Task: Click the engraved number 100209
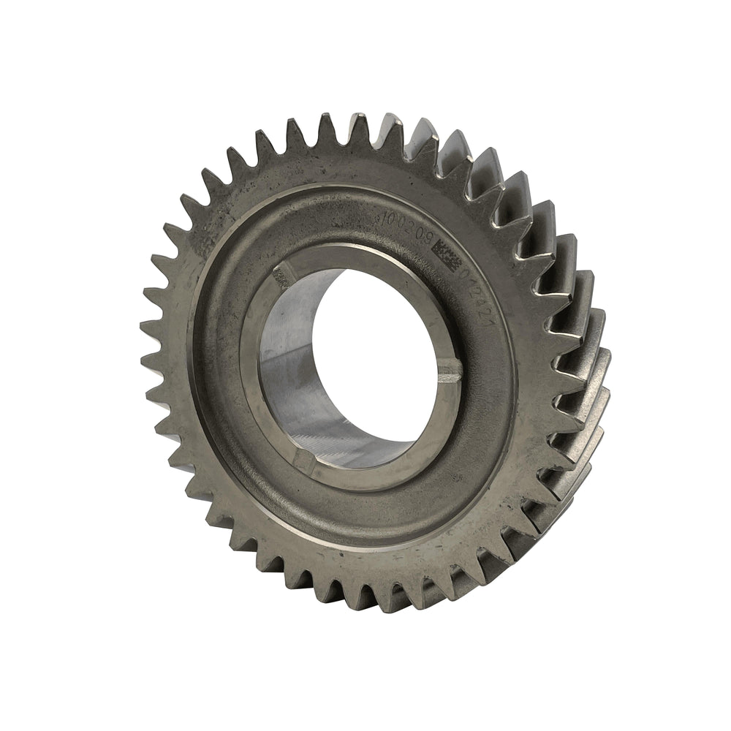[x=406, y=227]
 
